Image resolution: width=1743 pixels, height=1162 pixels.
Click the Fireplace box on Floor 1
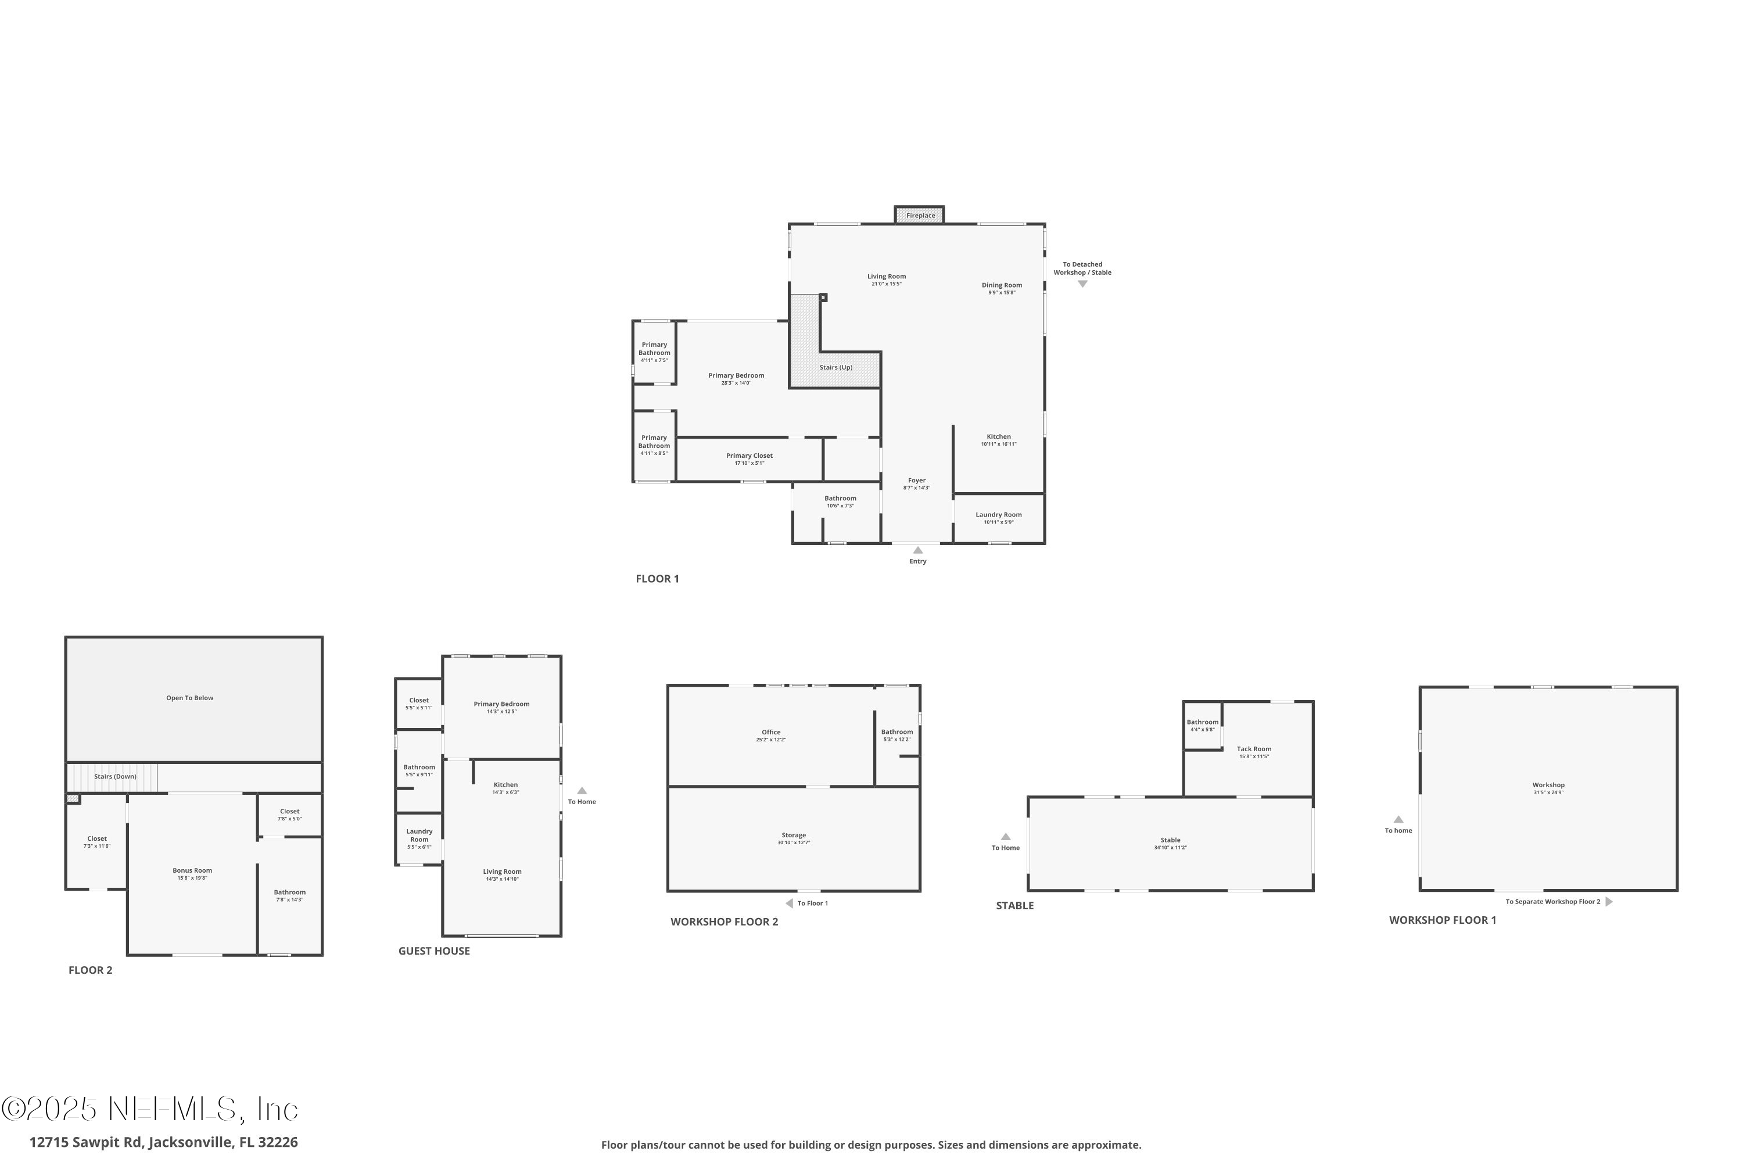pyautogui.click(x=919, y=215)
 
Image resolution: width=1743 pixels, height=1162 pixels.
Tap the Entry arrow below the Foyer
pyautogui.click(x=917, y=550)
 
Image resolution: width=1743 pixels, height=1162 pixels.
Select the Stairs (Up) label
pyautogui.click(x=835, y=368)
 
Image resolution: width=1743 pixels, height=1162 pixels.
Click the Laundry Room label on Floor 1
pyautogui.click(x=998, y=514)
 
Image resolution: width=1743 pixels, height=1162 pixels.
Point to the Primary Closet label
pyautogui.click(x=749, y=456)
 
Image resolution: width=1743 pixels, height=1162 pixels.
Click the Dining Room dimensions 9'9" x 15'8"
pyautogui.click(x=1001, y=293)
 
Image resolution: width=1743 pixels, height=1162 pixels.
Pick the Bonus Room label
pyautogui.click(x=192, y=871)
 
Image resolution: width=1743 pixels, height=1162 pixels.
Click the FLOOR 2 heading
pyautogui.click(x=91, y=970)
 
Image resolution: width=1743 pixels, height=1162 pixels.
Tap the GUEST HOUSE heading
pyautogui.click(x=433, y=951)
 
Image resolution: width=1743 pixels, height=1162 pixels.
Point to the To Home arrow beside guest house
pyautogui.click(x=582, y=791)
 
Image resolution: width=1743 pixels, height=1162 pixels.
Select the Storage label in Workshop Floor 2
pyautogui.click(x=793, y=835)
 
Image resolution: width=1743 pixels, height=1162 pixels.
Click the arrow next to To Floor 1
pyautogui.click(x=789, y=903)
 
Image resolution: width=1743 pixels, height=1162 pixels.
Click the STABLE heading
pyautogui.click(x=1014, y=906)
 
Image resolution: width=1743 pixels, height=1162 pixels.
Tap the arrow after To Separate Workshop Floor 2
pyautogui.click(x=1609, y=902)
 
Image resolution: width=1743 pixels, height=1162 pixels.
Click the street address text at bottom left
pyautogui.click(x=163, y=1142)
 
